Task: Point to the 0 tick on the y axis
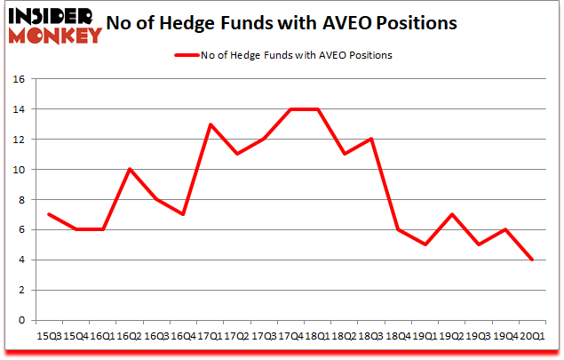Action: tap(21, 320)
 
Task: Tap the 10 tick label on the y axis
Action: tap(18, 170)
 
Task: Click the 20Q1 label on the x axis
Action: tap(531, 337)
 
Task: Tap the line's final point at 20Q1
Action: tap(531, 260)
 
